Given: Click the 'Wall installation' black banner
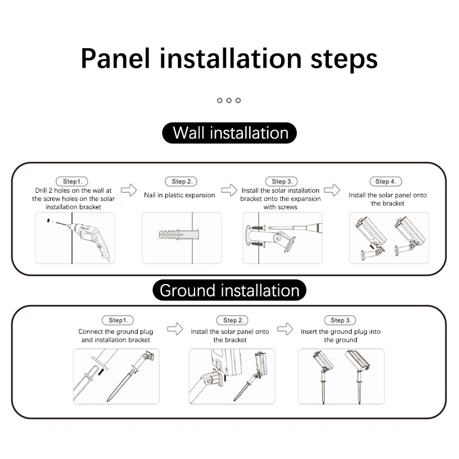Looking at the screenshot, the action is point(229,133).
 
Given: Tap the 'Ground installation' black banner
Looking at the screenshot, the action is point(229,290).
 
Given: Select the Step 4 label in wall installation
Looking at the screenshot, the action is point(386,181).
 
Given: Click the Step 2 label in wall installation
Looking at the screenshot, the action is point(181,181).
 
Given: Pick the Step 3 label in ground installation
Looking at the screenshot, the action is point(340,320).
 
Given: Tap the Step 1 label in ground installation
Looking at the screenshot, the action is point(118,320).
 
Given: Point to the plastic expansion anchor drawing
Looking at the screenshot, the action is point(178,235).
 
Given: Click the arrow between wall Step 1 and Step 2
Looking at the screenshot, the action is point(129,190).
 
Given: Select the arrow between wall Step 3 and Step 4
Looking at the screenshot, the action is point(332,190).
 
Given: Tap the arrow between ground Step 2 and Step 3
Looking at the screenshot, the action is point(285,329).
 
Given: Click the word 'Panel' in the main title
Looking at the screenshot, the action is point(115,59).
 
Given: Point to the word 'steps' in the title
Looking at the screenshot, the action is point(344,60).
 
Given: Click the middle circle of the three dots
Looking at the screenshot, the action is point(229,100).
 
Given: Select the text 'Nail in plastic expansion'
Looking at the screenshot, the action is point(180,195).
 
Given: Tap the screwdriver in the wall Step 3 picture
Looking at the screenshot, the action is point(295,227).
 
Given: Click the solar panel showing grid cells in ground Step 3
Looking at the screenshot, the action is point(357,360).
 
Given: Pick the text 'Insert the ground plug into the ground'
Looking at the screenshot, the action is point(340,336).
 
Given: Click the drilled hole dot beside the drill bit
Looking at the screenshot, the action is point(48,220).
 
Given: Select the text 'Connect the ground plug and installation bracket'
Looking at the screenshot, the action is point(116,336).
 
